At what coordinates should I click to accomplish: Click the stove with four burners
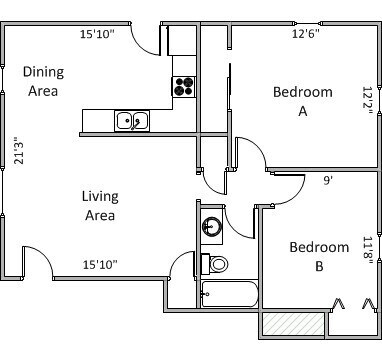(183, 87)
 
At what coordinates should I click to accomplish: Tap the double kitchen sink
(132, 121)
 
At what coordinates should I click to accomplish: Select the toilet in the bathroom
(214, 263)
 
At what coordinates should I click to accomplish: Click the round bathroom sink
(211, 226)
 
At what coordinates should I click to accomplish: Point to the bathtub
(230, 294)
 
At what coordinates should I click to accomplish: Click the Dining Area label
(43, 81)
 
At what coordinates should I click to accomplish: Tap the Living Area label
(100, 206)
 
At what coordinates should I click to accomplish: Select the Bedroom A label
(303, 101)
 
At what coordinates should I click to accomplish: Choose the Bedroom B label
(319, 257)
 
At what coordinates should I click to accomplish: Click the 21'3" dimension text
(19, 150)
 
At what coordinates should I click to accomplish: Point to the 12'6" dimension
(306, 34)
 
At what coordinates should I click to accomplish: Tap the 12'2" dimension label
(367, 101)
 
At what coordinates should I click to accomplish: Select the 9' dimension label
(328, 180)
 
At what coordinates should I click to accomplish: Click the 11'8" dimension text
(367, 251)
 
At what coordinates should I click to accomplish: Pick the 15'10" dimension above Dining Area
(97, 34)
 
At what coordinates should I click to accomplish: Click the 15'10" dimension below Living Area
(100, 265)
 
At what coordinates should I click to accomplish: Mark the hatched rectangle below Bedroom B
(293, 324)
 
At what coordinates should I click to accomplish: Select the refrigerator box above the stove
(182, 41)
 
